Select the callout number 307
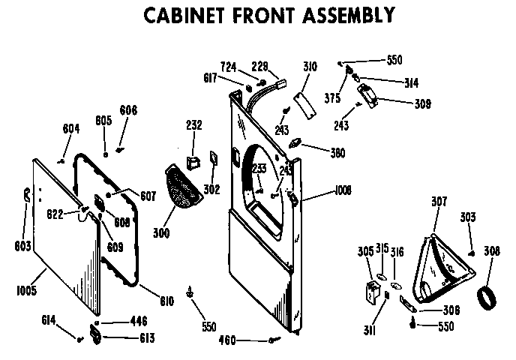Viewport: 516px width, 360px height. pyautogui.click(x=439, y=201)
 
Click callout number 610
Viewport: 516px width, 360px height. pyautogui.click(x=166, y=301)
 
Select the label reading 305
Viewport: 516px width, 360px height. pyautogui.click(x=365, y=252)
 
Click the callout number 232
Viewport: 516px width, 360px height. pyautogui.click(x=193, y=125)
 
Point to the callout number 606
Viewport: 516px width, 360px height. pyautogui.click(x=128, y=109)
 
